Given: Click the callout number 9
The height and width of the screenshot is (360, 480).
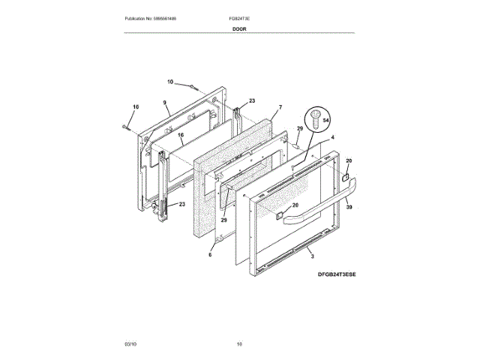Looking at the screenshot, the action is coord(164,102).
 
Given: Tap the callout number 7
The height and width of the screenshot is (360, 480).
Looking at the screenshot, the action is coord(280,108).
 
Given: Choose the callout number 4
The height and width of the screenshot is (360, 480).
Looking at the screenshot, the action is coord(332,138).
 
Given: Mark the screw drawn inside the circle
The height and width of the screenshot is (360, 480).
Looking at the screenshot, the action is coord(316,117).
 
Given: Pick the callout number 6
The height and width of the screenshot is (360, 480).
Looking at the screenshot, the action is coord(210,255).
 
